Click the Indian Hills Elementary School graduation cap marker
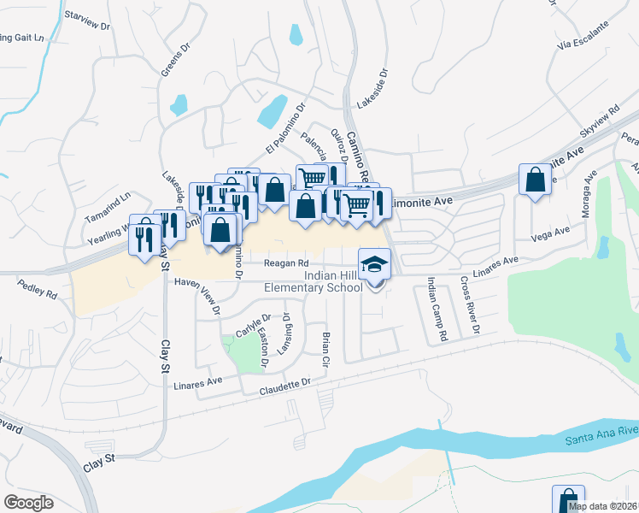374,265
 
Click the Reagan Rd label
285,263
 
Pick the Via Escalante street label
583,38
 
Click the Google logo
28,502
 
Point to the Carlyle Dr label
247,325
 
